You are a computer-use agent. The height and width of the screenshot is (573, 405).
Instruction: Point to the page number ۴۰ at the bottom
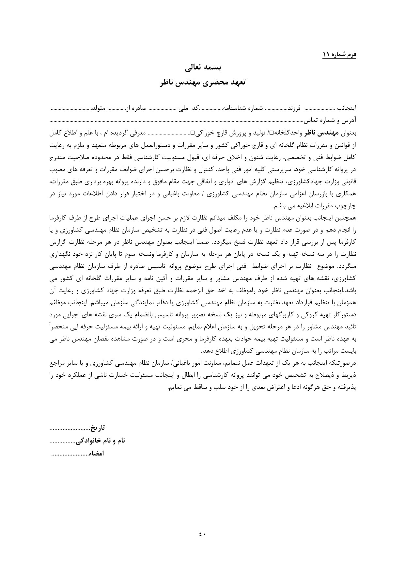(x=202, y=534)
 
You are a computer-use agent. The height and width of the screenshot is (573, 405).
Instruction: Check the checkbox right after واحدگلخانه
(x=271, y=134)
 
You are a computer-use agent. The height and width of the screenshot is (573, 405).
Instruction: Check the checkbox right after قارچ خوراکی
(x=192, y=134)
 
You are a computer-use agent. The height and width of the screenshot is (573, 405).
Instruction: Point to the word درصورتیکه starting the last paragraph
(x=343, y=363)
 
